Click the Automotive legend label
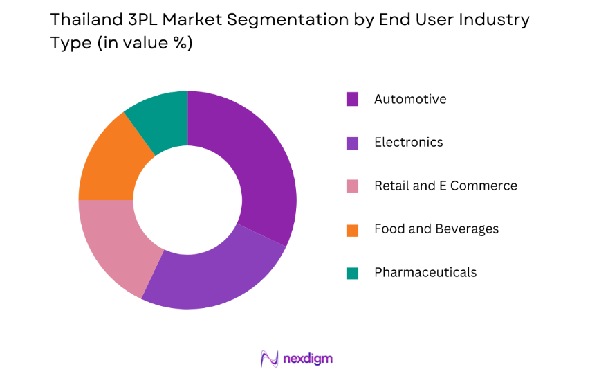(410, 99)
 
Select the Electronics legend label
(408, 143)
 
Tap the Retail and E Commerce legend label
(445, 186)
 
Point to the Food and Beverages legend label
(436, 229)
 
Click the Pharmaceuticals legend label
(425, 272)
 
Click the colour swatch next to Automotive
(353, 100)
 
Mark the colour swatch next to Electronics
(353, 143)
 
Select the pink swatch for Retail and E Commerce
(353, 186)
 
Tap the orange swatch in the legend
(353, 230)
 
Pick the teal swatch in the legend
(353, 273)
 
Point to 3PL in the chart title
(137, 20)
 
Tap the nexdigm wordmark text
(308, 359)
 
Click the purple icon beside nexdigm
(269, 359)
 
